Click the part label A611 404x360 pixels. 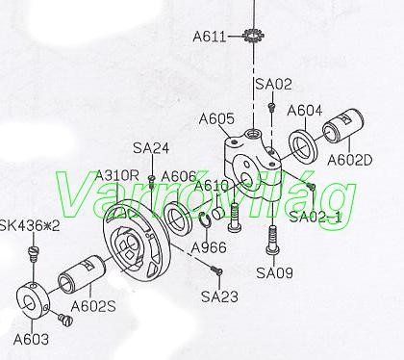coord(210,37)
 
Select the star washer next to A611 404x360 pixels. coord(253,35)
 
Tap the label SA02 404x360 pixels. coord(273,84)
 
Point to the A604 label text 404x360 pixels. coord(305,111)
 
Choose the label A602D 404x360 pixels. coord(350,160)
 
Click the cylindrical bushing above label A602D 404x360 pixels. coord(343,126)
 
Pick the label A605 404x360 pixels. coord(216,119)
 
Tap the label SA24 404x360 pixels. coord(151,148)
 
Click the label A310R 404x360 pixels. coord(117,176)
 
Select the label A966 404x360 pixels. coord(209,247)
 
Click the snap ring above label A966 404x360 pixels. coord(205,220)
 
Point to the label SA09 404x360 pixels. coord(274,273)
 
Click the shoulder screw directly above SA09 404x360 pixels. coord(272,241)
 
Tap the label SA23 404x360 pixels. coord(219,296)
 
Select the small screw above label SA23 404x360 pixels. coord(217,270)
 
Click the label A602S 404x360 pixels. coord(93,306)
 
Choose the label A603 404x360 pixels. coord(31,339)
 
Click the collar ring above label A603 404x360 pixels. coord(33,300)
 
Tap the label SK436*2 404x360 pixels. coord(30,226)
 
